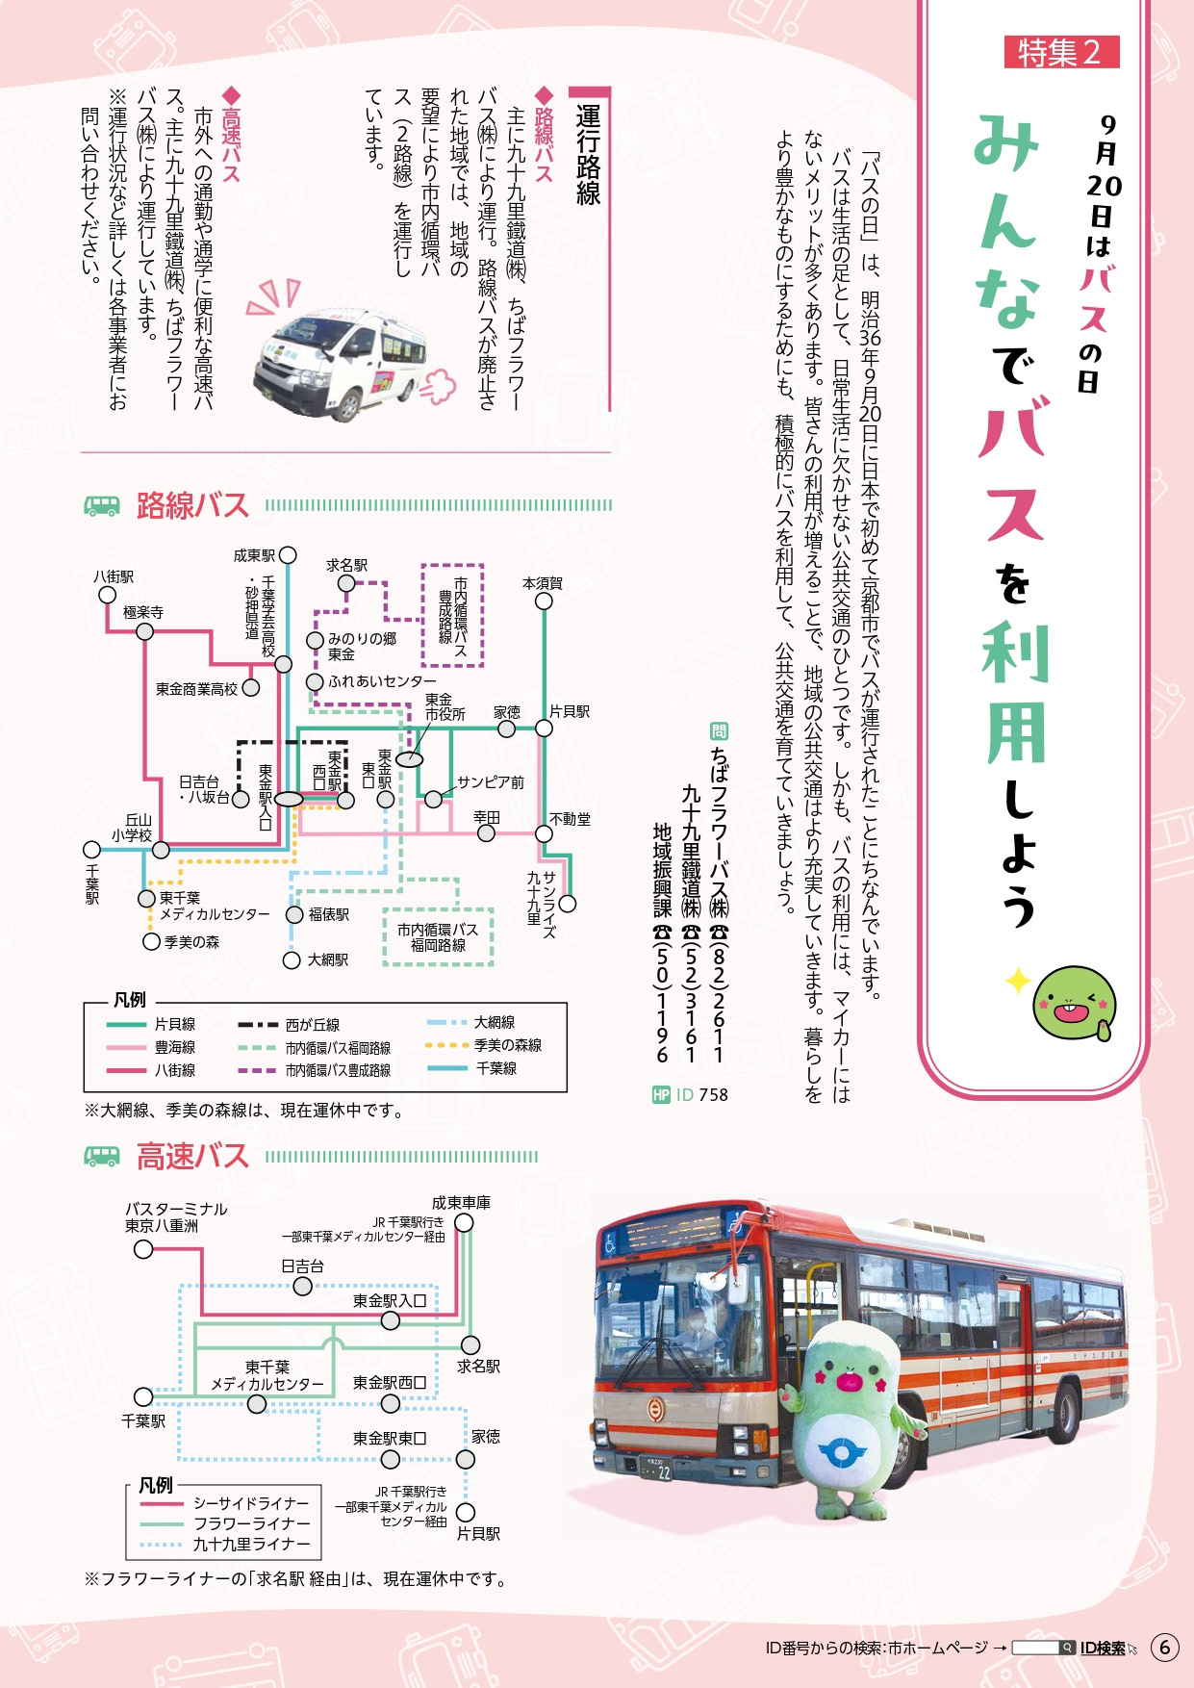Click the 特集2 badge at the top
(1061, 52)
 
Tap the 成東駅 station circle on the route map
(288, 555)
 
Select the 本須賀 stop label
(543, 583)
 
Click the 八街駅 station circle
(108, 595)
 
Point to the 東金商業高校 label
(197, 689)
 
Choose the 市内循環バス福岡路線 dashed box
(439, 937)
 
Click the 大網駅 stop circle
(292, 959)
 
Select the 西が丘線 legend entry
(290, 1025)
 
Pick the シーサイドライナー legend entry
(225, 1503)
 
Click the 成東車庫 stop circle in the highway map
(464, 1222)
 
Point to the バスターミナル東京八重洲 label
(176, 1217)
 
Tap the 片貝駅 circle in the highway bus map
(466, 1513)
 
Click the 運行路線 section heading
(589, 154)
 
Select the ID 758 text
(702, 1094)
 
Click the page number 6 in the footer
(1164, 1647)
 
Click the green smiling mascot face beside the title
(1074, 1005)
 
